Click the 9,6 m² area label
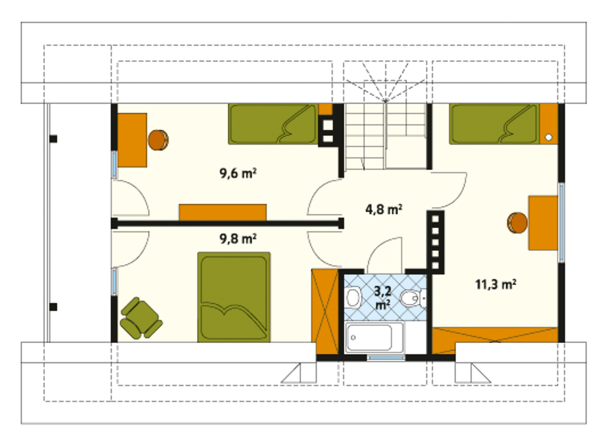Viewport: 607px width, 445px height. (x=238, y=173)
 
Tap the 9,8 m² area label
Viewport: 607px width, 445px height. (x=238, y=239)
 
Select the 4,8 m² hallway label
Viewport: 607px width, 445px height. (x=384, y=209)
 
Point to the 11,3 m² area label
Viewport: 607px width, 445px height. (x=496, y=285)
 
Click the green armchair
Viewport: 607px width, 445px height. (x=141, y=318)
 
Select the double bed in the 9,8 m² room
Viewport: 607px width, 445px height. (x=234, y=297)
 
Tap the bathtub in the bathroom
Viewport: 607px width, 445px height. (x=374, y=337)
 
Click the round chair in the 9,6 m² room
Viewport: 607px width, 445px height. (x=158, y=140)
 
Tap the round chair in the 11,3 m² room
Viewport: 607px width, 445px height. (x=517, y=223)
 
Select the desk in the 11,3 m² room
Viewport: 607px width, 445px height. (x=543, y=223)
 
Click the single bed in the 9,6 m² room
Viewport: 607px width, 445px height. (x=273, y=124)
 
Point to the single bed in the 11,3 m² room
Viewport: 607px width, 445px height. (x=495, y=124)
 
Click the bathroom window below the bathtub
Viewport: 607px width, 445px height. (x=386, y=358)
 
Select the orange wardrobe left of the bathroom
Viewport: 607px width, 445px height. (x=325, y=311)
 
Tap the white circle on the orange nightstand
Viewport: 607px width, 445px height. (x=549, y=137)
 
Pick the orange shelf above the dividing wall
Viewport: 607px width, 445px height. (x=222, y=213)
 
